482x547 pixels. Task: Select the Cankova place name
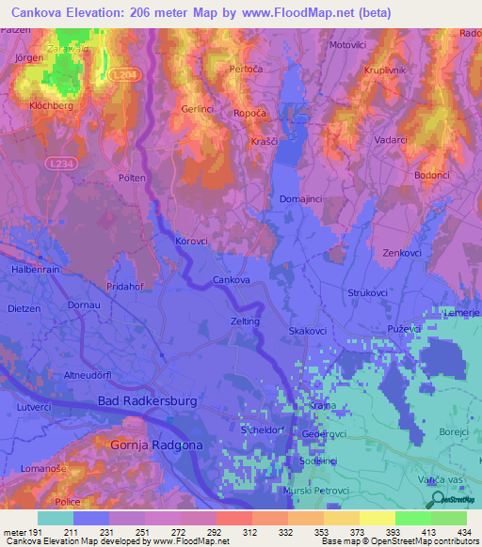coord(231,280)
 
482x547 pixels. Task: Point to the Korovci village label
coord(191,242)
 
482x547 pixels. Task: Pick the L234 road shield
coord(56,164)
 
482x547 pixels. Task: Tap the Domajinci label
coord(303,199)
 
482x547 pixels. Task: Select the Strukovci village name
coord(369,293)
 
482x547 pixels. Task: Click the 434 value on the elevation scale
coord(463,533)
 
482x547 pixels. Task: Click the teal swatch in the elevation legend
coord(56,518)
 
